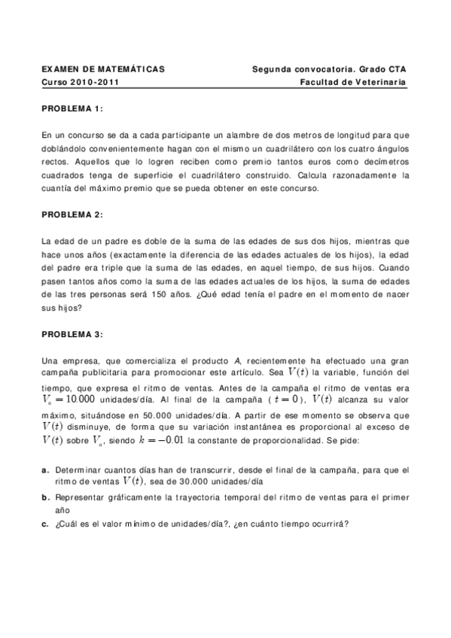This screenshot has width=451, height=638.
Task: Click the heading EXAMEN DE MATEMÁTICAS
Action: [103, 69]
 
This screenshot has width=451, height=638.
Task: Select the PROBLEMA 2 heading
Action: [72, 215]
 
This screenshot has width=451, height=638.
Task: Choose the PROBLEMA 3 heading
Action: [72, 334]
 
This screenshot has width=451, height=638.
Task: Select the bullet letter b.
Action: [46, 497]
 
